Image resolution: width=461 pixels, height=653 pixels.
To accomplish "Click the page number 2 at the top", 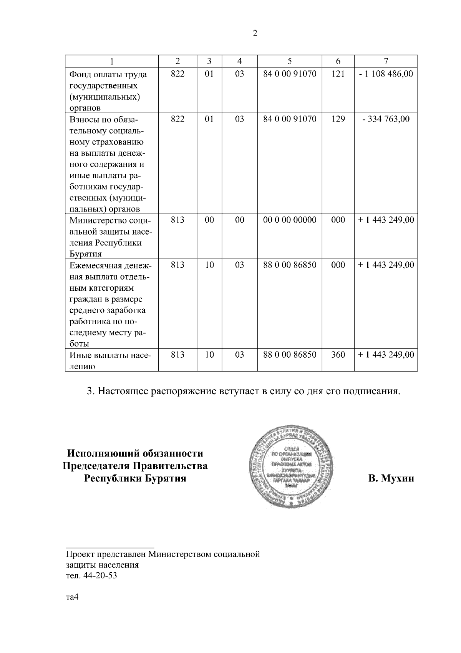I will coord(254,33).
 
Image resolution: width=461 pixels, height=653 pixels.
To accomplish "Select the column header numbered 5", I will coord(289,61).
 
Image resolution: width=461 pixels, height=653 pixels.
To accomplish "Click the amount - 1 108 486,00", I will coord(386,74).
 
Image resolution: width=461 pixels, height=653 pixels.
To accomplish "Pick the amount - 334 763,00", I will coord(386,119).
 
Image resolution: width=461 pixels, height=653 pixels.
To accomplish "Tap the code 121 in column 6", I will coord(338,74).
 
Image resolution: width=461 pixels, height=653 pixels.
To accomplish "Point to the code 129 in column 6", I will coord(338,119).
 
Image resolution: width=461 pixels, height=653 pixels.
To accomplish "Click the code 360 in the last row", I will coord(338,355).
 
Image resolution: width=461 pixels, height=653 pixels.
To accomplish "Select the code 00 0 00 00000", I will coord(289,220).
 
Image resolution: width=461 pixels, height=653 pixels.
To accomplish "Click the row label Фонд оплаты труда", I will coord(108,74).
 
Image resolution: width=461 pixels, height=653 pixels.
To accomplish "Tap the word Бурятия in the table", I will coord(85,254).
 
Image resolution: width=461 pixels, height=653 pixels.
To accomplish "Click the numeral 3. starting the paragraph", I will coord(90,391).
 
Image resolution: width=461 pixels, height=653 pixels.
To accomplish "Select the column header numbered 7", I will coord(386,61).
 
